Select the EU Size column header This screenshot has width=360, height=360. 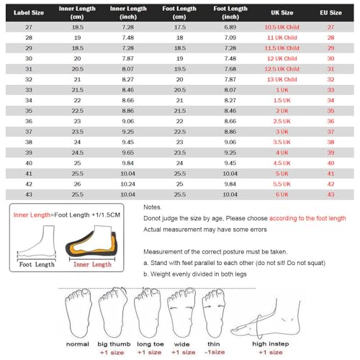click(x=330, y=12)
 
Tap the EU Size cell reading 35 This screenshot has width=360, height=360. click(x=330, y=111)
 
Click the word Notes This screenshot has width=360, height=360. click(x=152, y=207)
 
